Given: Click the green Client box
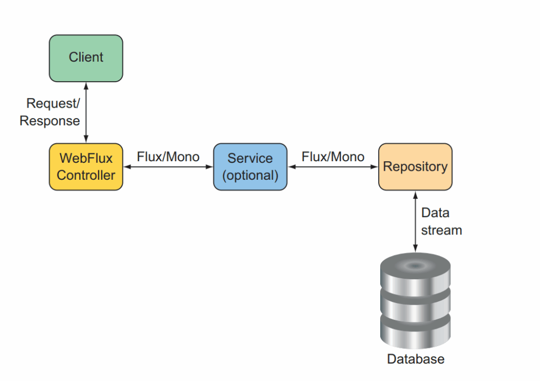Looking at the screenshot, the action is [x=86, y=58].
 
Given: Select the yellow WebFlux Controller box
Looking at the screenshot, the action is [x=86, y=167].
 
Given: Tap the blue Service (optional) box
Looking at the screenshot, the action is [x=250, y=167].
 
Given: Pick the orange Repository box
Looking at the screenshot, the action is [x=416, y=167].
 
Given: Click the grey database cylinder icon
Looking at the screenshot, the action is [x=416, y=301].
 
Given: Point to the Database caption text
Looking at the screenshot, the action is [x=416, y=359].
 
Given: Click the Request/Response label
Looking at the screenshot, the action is [x=50, y=112].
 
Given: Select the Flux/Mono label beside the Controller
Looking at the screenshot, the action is [x=168, y=157].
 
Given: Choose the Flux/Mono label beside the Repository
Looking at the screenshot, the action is [x=333, y=157].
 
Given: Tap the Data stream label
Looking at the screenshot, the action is [x=441, y=221].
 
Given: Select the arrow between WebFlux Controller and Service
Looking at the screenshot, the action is [x=168, y=167].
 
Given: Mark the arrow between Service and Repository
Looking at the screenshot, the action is [x=333, y=167].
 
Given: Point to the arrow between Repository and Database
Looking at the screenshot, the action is [x=416, y=222].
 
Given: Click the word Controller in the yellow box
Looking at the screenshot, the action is [x=86, y=175].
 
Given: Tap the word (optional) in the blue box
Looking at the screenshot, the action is [x=250, y=175].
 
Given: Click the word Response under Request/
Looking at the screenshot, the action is [x=50, y=121].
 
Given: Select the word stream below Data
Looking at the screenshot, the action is [x=441, y=230].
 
